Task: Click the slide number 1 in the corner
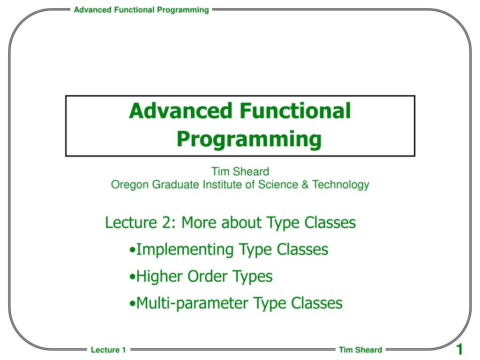459,349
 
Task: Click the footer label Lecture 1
108,350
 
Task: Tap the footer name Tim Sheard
360,350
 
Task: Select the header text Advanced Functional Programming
142,10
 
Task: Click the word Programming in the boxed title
249,139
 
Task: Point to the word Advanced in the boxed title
180,111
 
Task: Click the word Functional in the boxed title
295,111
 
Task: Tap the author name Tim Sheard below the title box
240,172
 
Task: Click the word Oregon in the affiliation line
130,185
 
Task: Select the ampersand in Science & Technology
305,185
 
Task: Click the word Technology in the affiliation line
341,185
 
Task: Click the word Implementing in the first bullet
185,250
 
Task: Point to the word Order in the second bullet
207,277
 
